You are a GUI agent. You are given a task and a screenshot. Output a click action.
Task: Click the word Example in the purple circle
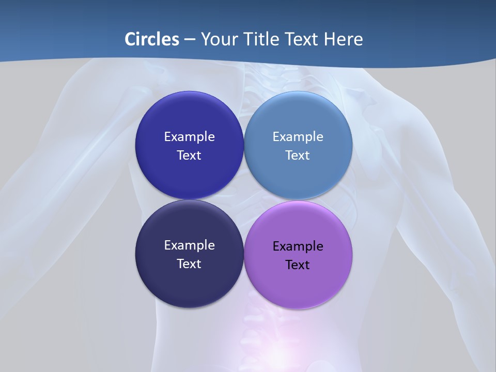298,246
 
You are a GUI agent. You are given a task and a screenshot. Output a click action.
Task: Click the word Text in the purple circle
298,265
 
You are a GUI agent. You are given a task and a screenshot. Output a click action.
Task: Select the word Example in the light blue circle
298,137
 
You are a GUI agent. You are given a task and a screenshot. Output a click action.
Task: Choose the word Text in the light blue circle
298,156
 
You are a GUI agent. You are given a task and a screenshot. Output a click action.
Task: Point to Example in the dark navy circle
189,245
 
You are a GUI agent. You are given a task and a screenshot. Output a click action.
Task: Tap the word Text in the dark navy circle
189,264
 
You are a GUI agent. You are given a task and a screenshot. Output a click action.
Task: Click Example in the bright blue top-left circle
189,137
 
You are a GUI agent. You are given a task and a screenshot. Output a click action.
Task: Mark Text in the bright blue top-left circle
189,156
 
